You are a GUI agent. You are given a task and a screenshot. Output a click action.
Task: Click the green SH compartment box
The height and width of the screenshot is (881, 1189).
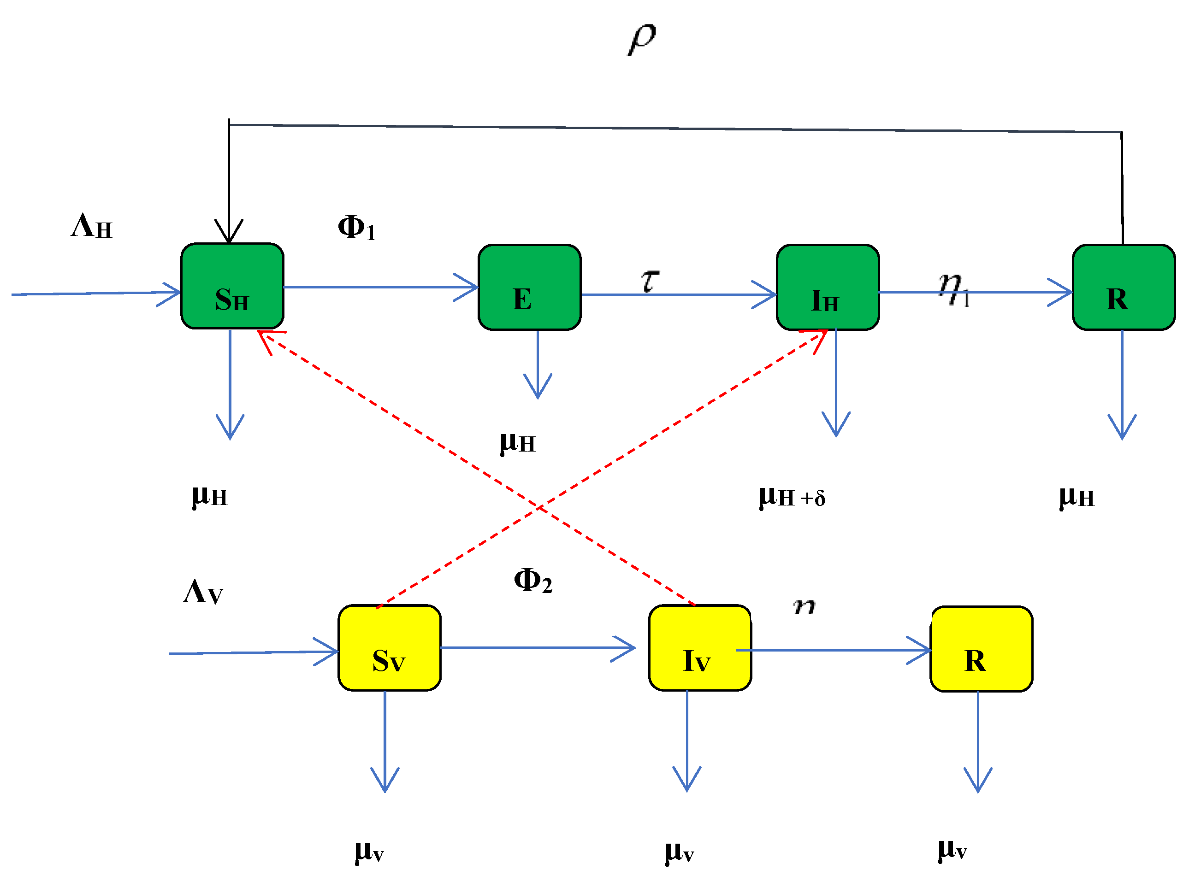click(232, 287)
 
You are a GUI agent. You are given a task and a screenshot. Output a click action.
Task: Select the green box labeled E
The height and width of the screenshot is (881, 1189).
click(529, 288)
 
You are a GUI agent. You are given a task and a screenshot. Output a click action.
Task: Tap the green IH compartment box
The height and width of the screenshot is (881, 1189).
click(827, 288)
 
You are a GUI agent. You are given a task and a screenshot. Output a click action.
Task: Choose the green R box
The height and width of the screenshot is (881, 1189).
click(1124, 288)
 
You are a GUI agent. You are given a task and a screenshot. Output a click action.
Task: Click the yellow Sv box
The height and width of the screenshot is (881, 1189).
click(389, 648)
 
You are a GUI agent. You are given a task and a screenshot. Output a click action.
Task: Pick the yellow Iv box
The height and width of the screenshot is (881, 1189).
click(700, 648)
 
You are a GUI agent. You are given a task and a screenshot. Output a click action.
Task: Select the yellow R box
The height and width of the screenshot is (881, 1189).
click(981, 649)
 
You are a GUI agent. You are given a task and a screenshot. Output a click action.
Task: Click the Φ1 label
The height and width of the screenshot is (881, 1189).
click(356, 228)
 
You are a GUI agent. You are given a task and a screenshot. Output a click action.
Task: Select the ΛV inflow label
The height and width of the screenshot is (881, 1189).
click(203, 593)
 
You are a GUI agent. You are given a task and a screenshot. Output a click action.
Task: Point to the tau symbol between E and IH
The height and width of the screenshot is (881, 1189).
click(650, 281)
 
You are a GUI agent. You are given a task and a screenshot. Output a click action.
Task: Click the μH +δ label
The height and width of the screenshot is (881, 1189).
click(792, 497)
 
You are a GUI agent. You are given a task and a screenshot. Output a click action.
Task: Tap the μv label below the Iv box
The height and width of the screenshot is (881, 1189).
click(679, 852)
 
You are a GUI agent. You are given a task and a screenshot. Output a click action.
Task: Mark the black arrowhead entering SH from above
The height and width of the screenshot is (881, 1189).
click(229, 233)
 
